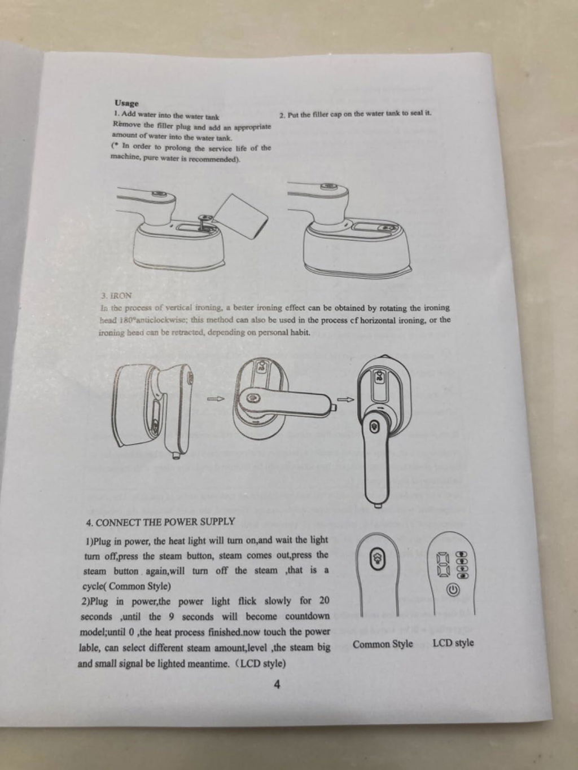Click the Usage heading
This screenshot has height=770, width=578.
126,103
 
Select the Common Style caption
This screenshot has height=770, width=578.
383,644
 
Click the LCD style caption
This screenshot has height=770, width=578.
453,643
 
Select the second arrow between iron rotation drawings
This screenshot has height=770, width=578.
346,399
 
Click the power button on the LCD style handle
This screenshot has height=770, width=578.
452,589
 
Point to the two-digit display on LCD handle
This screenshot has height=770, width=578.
443,565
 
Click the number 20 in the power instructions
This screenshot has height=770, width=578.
324,601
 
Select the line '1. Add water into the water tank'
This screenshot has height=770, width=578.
167,116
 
